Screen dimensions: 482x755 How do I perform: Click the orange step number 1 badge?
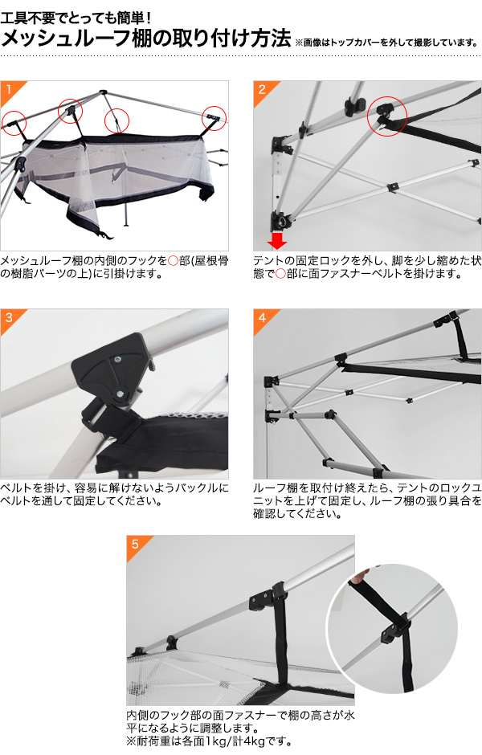tap(10, 90)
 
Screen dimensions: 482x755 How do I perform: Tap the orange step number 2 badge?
tap(263, 90)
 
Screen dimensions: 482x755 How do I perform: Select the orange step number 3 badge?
tap(10, 318)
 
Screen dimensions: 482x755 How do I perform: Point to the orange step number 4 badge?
tap(263, 318)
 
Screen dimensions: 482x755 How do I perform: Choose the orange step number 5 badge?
tap(136, 545)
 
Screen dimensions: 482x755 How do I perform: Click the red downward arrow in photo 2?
tap(277, 240)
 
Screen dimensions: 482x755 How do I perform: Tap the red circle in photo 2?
tap(387, 116)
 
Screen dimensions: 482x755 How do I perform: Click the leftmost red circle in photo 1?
tap(14, 122)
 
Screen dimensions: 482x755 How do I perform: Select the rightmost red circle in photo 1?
tap(214, 118)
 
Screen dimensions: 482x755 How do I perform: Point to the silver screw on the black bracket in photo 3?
tap(117, 358)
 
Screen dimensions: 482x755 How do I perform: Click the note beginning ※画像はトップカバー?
tap(386, 43)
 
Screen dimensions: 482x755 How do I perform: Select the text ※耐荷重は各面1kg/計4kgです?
tap(209, 741)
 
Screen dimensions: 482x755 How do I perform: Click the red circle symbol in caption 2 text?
tap(280, 275)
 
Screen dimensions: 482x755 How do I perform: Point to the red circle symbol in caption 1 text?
tap(173, 261)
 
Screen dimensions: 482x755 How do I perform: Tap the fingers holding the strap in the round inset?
tap(360, 577)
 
